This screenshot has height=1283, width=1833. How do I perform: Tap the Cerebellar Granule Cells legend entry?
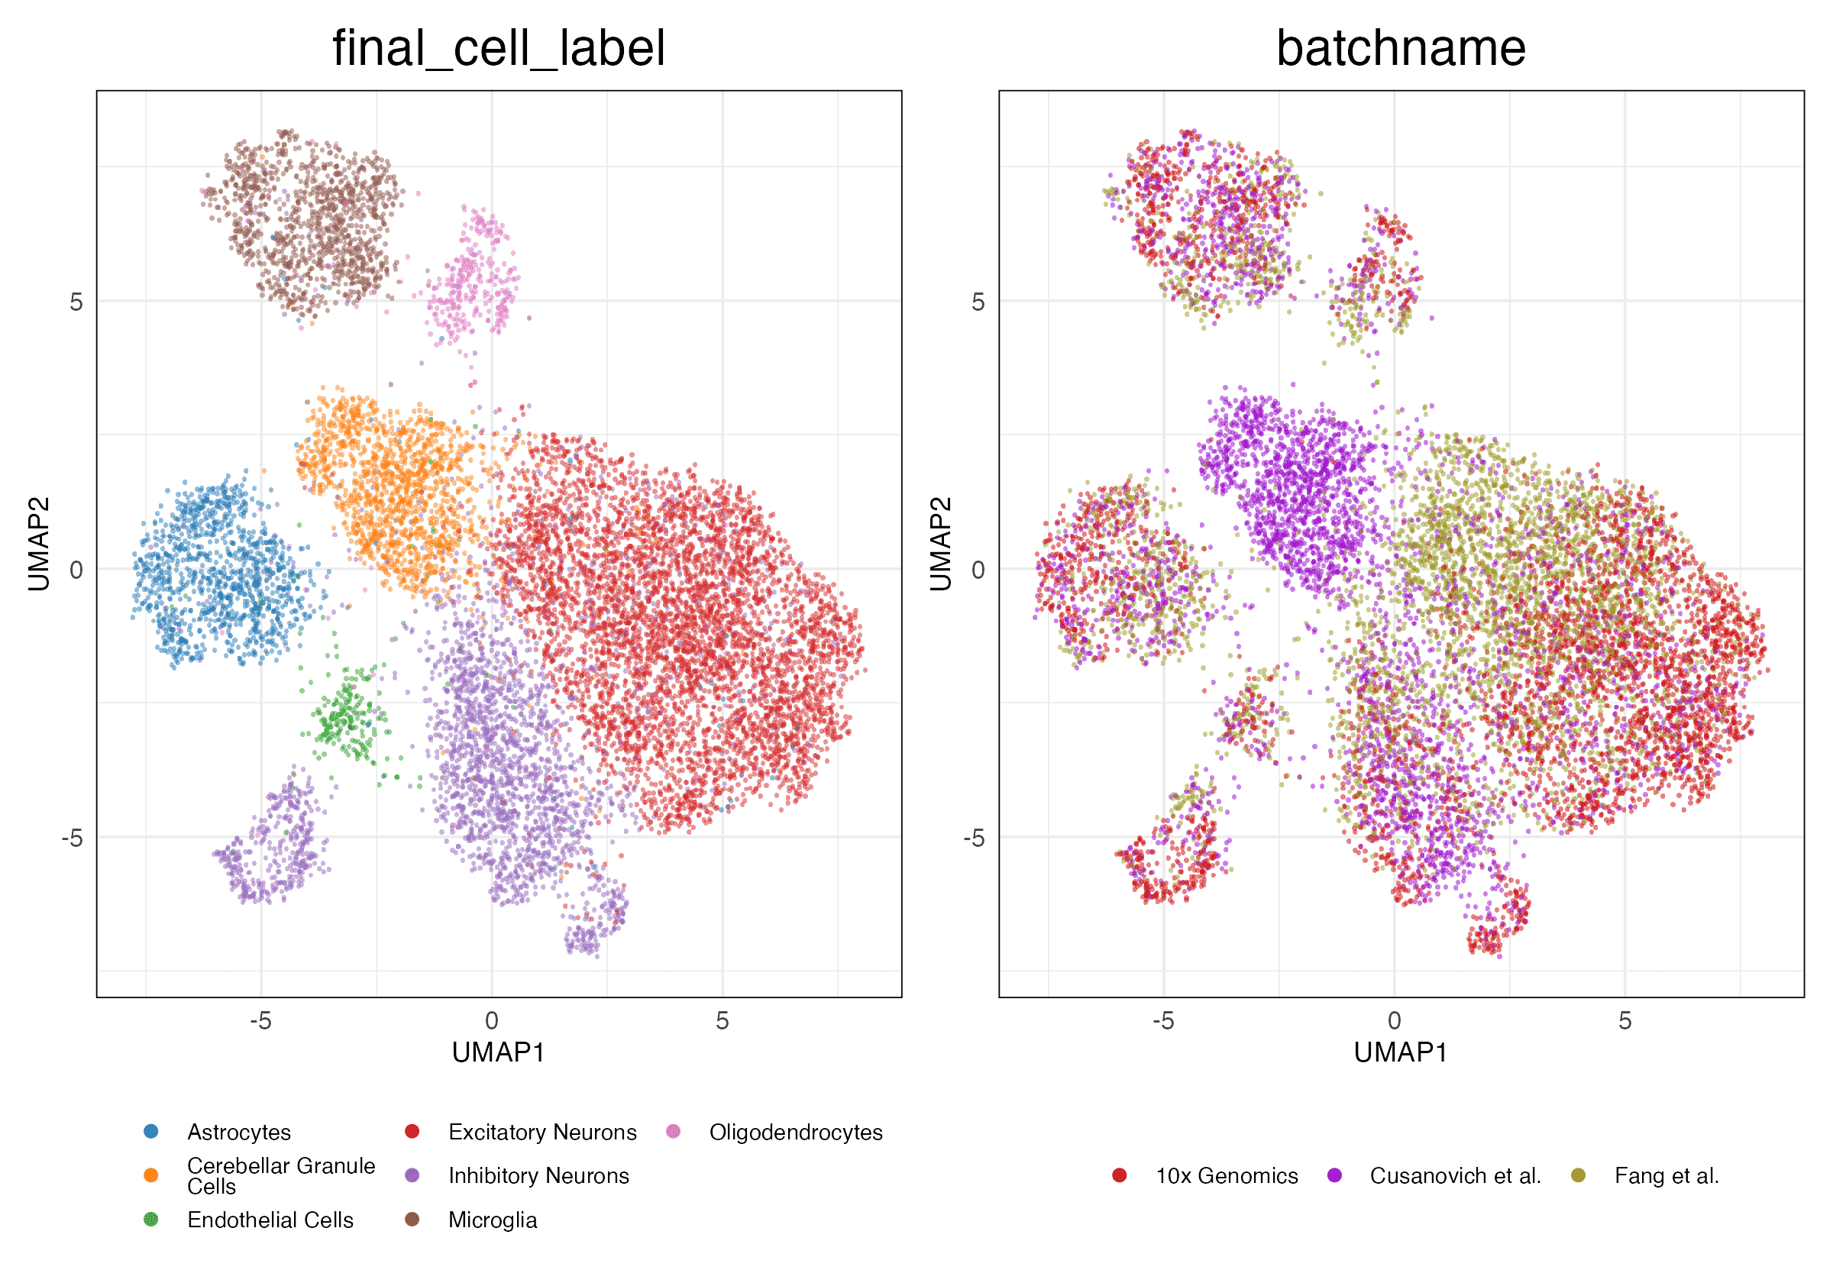click(x=280, y=1175)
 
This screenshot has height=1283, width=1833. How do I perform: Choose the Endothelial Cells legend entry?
click(x=270, y=1220)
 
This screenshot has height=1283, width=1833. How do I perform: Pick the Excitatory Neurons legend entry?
click(x=542, y=1132)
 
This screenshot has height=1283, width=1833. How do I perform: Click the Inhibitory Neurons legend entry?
click(x=538, y=1176)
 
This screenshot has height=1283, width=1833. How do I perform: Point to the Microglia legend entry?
click(x=492, y=1220)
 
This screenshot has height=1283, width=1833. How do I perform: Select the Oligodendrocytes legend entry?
click(x=795, y=1132)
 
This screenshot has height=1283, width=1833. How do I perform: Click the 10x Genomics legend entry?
click(x=1227, y=1176)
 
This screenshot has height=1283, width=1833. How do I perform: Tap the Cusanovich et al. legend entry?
click(x=1455, y=1176)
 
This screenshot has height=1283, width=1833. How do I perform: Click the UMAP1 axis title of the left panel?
click(x=498, y=1052)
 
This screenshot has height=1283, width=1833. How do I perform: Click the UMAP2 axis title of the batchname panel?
click(x=941, y=544)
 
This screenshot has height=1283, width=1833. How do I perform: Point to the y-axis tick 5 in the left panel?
click(x=76, y=302)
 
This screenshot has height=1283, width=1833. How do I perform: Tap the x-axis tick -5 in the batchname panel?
click(x=1162, y=1020)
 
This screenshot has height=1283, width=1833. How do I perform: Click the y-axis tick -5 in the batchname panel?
click(x=975, y=839)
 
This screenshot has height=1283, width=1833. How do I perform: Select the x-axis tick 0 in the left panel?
click(x=492, y=1020)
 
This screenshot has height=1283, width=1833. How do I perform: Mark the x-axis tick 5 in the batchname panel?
click(x=1624, y=1020)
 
